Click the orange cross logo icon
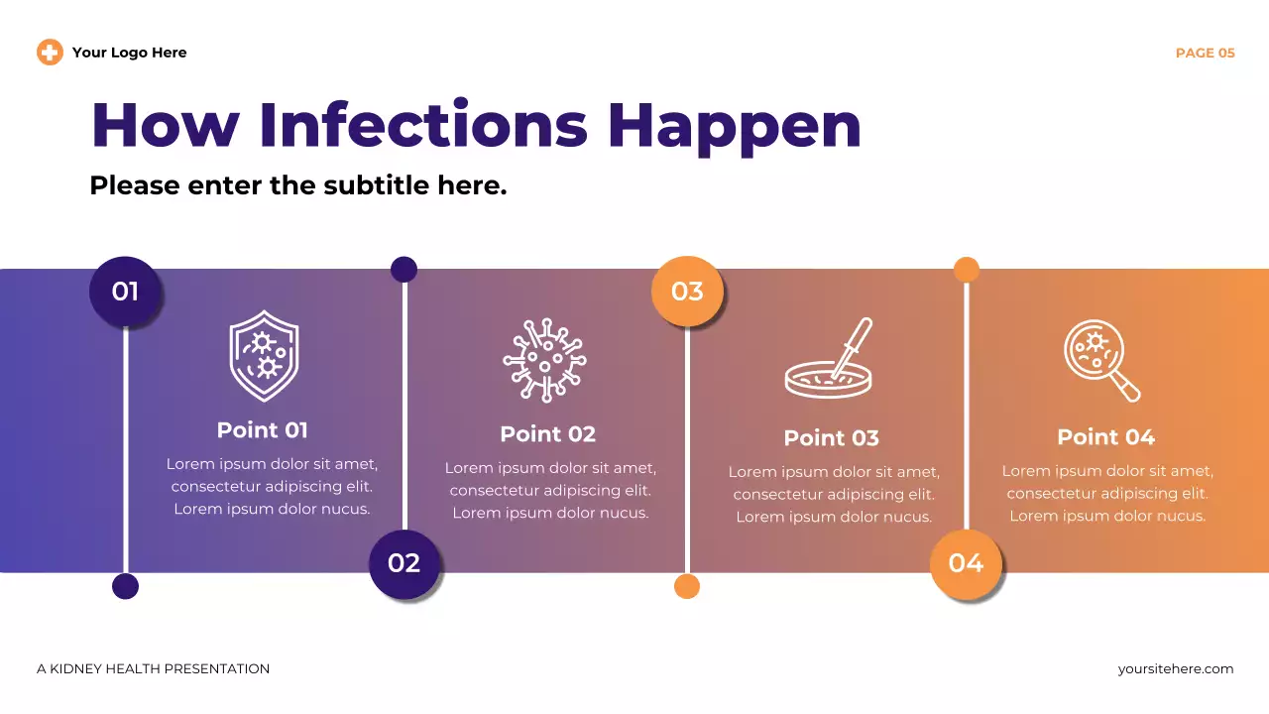tap(50, 53)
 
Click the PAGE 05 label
tap(1205, 54)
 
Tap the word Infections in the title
tap(423, 125)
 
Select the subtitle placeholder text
tap(297, 185)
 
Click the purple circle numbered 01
tap(125, 292)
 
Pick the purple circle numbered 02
tap(404, 563)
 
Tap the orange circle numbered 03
tap(687, 292)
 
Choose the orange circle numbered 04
tap(966, 563)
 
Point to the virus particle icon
tap(544, 360)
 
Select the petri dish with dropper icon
tap(829, 359)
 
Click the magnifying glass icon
tap(1101, 360)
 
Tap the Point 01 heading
tap(263, 430)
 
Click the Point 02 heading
tap(547, 434)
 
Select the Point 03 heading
tap(831, 438)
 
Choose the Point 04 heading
tap(1105, 437)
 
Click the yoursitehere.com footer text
tap(1175, 669)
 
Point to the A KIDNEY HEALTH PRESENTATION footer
tap(154, 669)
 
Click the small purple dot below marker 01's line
tap(125, 586)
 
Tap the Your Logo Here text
tap(129, 53)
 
